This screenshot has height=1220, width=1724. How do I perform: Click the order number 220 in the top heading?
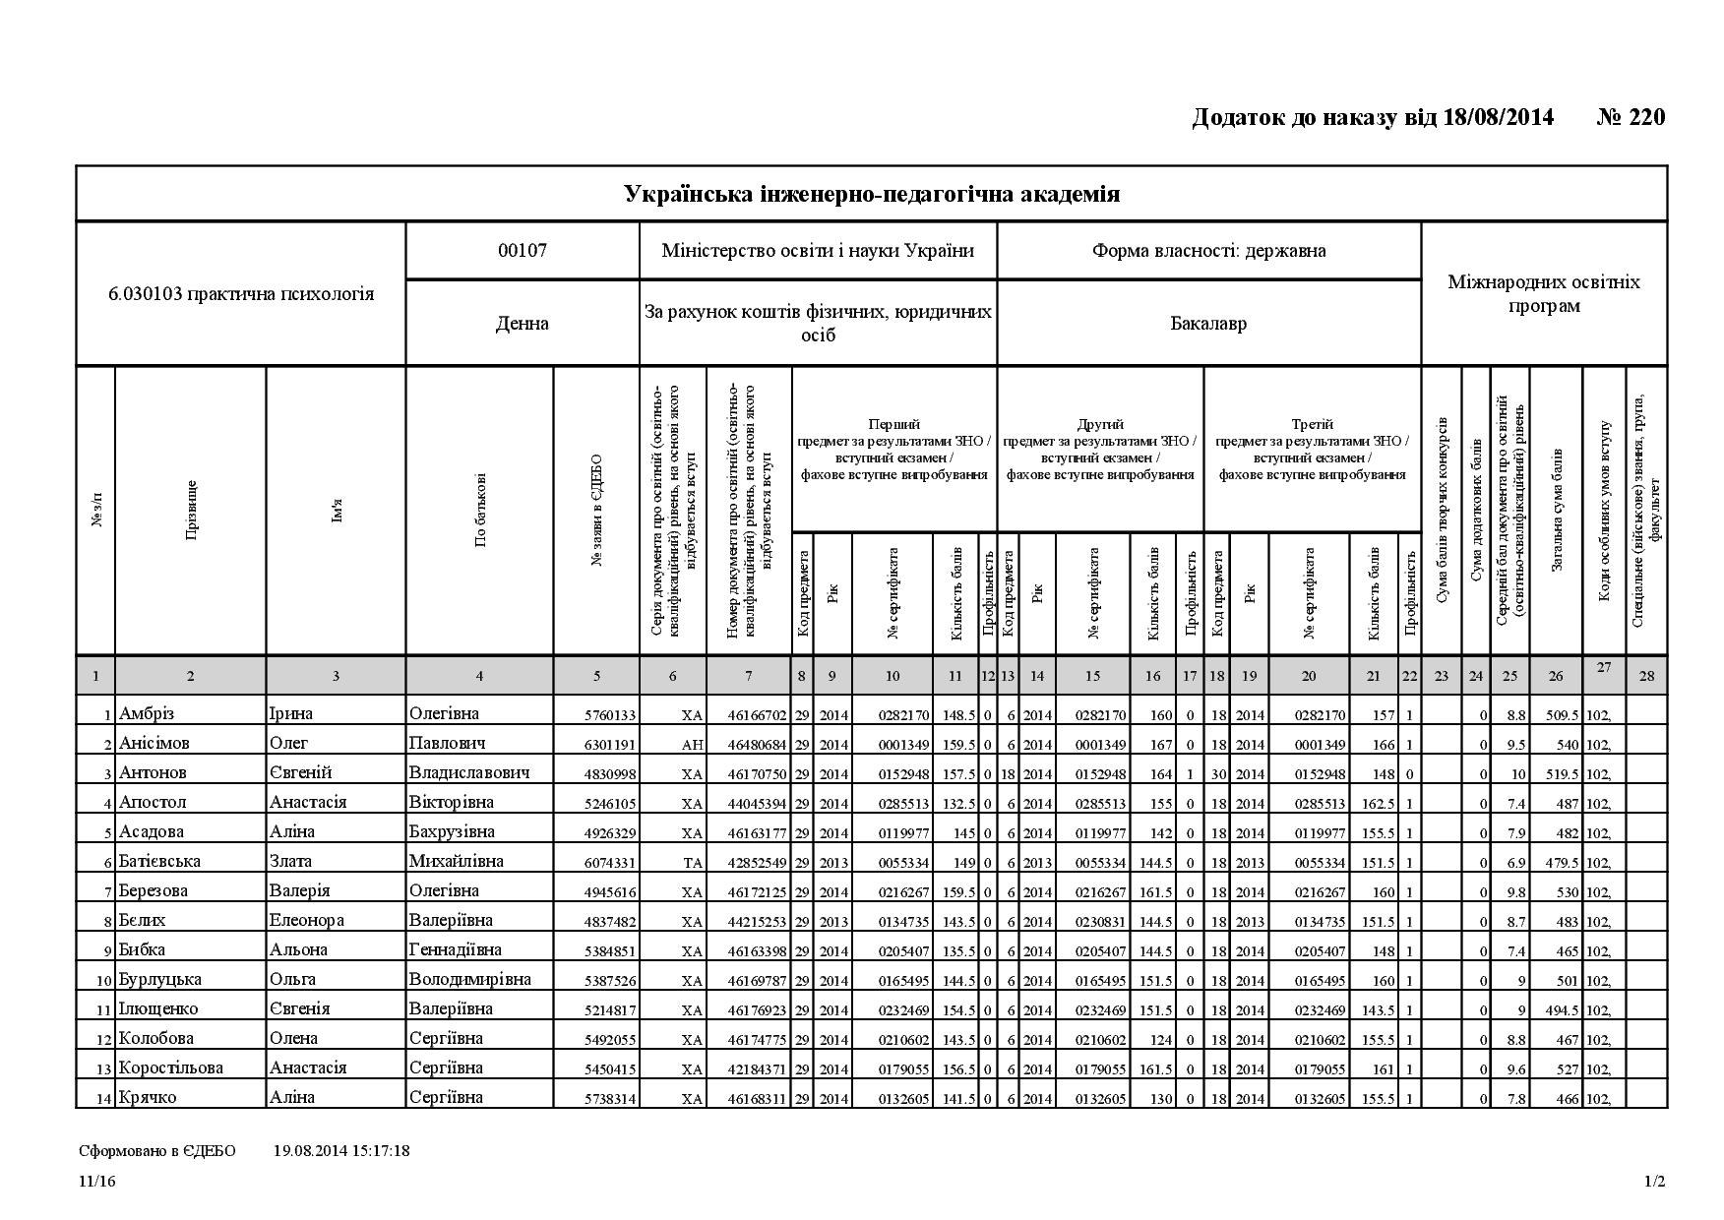(1646, 118)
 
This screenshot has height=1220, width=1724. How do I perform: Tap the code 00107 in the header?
(522, 250)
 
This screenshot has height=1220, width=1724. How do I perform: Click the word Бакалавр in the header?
(1208, 323)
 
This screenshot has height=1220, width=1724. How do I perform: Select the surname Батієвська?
(159, 862)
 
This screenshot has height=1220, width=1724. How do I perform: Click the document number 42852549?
(757, 863)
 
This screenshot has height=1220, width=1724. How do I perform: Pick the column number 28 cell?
(1646, 676)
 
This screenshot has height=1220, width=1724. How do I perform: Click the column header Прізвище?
(191, 510)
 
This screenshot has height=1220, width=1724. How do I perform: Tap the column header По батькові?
(480, 510)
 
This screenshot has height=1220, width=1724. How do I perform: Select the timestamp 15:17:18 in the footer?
(377, 1150)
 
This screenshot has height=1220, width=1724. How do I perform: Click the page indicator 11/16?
(97, 1182)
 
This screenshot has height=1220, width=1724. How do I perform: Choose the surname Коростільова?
(171, 1068)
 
